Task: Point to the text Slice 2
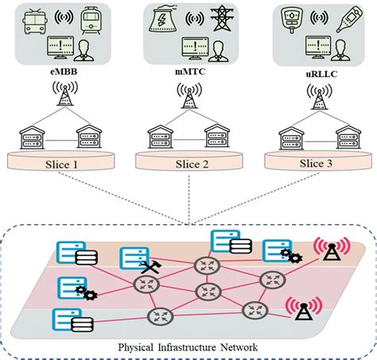click(x=188, y=162)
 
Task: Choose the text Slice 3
click(x=317, y=162)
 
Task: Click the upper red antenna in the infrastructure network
click(x=328, y=247)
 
